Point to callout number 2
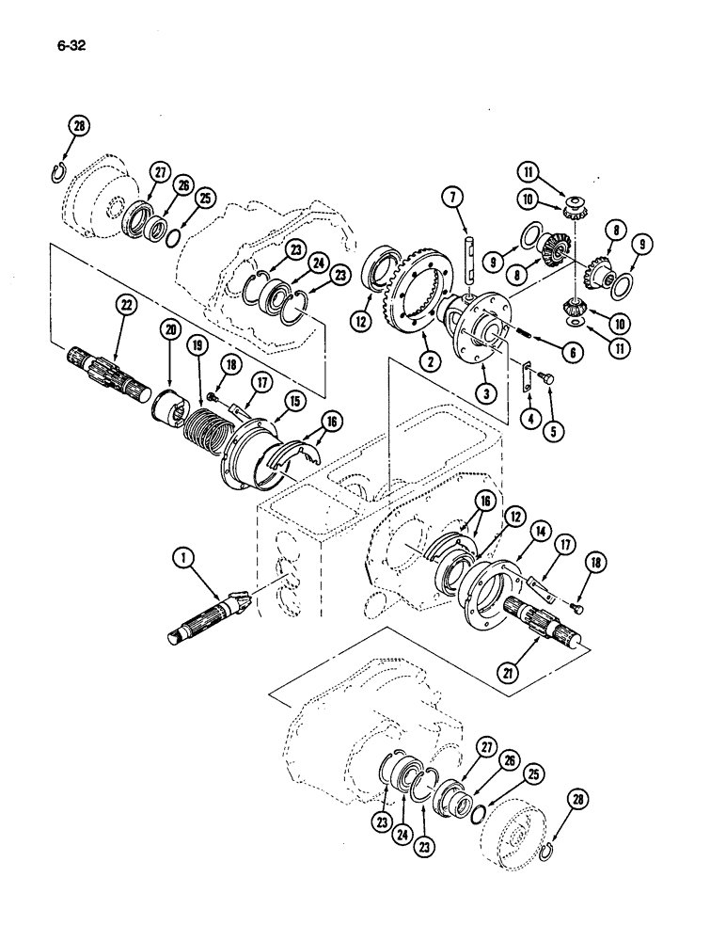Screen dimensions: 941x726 pyautogui.click(x=432, y=359)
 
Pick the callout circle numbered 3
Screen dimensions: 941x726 pyautogui.click(x=486, y=394)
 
